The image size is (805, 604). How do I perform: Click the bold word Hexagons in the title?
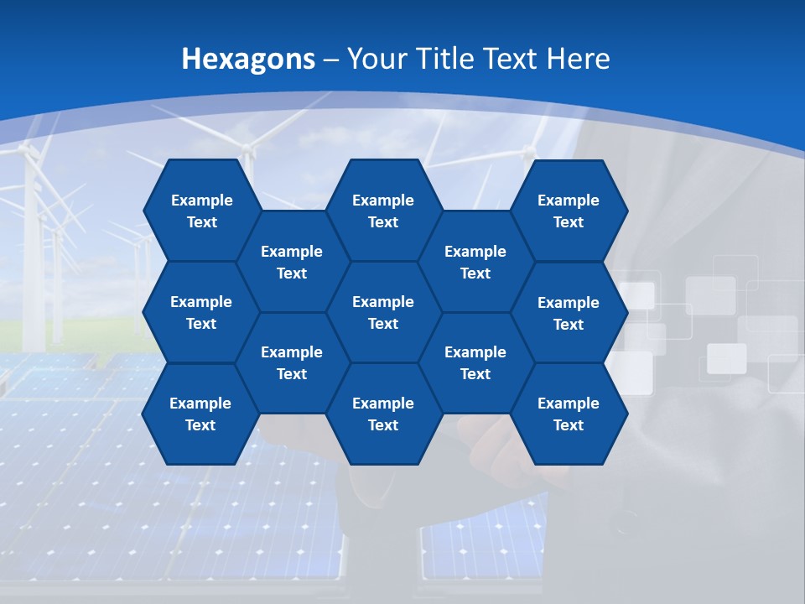(248, 59)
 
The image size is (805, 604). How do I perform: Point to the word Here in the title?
(578, 59)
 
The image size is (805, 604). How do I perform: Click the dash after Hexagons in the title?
(330, 60)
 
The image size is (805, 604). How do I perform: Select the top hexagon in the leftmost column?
(201, 211)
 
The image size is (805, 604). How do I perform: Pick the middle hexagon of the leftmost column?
(201, 312)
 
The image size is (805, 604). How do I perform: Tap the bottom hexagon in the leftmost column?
(200, 414)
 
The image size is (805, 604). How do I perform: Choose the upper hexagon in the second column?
(292, 262)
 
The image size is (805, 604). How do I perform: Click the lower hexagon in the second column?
(292, 362)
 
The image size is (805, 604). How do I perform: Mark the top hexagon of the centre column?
(383, 211)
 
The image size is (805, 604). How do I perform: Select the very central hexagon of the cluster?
(383, 312)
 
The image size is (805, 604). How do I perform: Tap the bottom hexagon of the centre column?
(383, 414)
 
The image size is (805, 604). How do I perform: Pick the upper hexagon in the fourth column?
(475, 262)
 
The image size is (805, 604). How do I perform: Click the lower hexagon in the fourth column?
(475, 362)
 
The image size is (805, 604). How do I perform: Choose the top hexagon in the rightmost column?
(569, 211)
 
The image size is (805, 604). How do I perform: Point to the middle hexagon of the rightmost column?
(569, 313)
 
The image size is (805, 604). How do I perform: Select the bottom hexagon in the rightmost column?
(569, 414)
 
